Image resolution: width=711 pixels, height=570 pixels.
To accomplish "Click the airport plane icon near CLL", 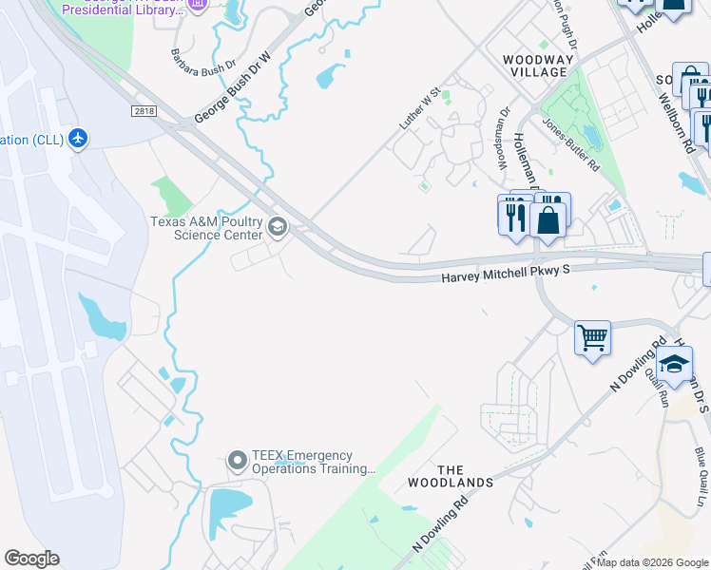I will coord(78,140).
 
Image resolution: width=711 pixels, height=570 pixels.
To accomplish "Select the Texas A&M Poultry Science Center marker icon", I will coord(279,227).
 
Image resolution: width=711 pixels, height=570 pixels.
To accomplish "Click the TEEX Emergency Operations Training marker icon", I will coord(238,462).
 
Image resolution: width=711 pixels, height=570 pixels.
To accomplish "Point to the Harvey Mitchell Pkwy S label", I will coord(505,272).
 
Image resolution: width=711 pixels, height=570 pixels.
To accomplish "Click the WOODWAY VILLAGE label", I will coord(538,66).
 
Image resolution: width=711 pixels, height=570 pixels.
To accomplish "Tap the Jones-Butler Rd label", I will coord(570,143).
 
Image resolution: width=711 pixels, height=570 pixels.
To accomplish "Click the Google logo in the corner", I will coord(32,559).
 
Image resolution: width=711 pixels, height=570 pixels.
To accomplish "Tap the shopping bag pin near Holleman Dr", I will coord(548,219).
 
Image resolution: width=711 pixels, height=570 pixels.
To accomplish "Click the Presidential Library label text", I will coord(125,10).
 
